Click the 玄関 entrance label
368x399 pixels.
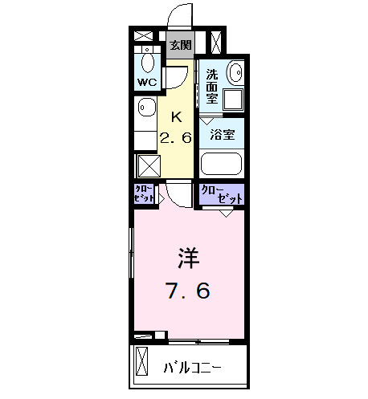180,45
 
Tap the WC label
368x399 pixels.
146,82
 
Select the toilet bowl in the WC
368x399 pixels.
148,61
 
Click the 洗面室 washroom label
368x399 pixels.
211,87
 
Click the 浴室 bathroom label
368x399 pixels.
222,135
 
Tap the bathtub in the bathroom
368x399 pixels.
220,165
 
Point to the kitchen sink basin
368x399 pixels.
146,107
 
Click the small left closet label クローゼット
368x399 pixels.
144,193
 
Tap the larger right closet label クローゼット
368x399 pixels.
220,193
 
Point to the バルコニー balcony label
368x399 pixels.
193,368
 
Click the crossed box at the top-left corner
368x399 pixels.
144,36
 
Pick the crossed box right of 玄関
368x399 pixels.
215,41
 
